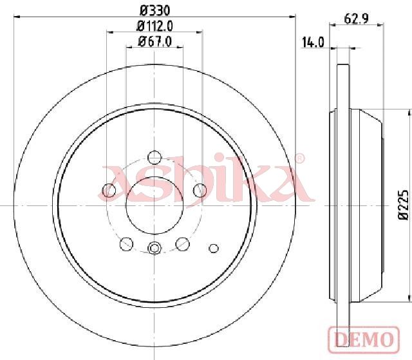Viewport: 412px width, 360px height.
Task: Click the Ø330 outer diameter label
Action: pos(155,11)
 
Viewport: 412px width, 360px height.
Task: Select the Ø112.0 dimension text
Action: pos(155,26)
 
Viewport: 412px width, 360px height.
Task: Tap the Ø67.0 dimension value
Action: pos(155,41)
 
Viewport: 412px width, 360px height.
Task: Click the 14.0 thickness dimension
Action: pos(314,43)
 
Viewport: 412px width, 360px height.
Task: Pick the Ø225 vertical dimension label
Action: pos(404,204)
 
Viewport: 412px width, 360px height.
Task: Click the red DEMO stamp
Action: pos(364,339)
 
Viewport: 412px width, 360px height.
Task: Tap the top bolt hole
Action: pos(154,157)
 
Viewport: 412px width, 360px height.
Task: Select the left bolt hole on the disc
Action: pos(109,190)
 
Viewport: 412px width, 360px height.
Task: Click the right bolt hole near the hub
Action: pos(200,190)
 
